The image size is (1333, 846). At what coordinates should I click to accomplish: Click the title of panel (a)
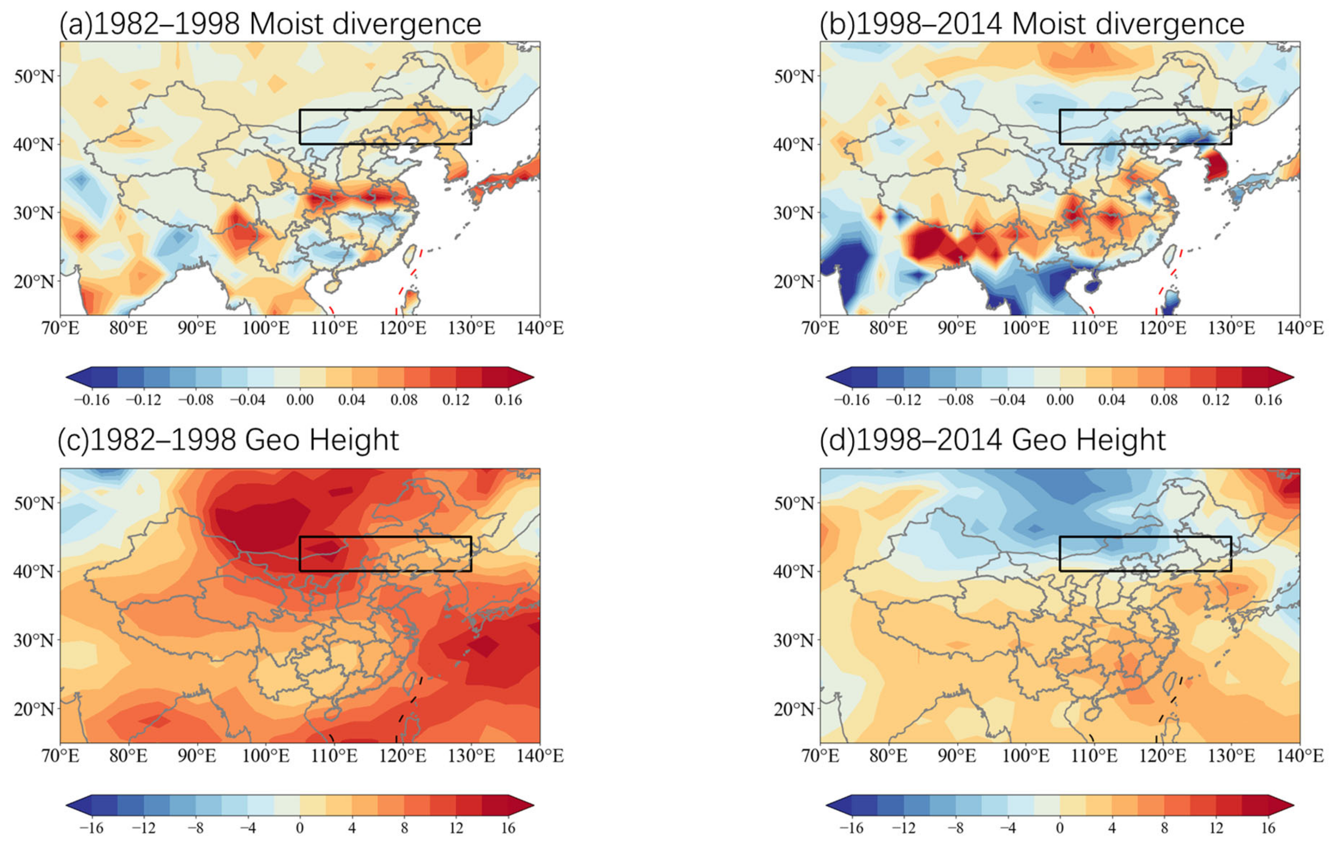(x=270, y=24)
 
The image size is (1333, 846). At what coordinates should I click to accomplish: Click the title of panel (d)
(x=992, y=440)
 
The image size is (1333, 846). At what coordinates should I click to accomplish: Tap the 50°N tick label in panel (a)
(x=34, y=76)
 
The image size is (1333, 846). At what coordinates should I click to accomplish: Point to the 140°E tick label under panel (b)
(x=1300, y=328)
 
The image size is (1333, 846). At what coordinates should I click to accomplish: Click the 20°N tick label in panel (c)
(x=34, y=709)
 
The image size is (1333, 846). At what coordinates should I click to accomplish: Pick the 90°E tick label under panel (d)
(x=957, y=756)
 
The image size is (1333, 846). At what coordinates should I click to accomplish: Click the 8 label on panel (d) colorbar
(x=1164, y=828)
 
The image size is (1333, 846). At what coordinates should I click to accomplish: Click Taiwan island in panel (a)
(x=409, y=256)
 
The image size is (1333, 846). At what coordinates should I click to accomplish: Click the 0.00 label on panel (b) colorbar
(x=1060, y=400)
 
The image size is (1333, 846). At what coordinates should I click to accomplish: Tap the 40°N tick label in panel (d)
(x=794, y=572)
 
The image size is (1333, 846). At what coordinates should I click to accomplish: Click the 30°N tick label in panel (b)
(x=794, y=213)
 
